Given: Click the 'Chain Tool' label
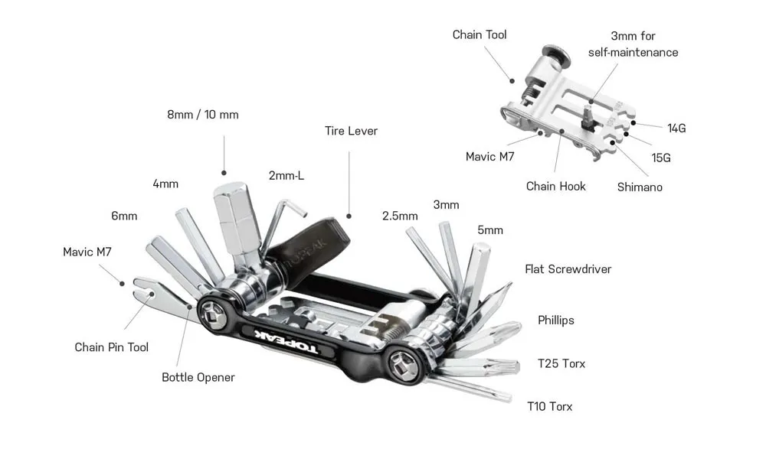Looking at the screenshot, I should (480, 34).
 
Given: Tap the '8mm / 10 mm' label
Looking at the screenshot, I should (203, 115).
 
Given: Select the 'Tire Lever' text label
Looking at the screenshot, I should (351, 131).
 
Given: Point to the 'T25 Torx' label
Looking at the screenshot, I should (561, 363).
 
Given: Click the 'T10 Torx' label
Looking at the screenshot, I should (549, 406).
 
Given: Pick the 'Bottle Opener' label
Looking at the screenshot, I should (198, 377).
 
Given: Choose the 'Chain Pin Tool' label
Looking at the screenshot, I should (112, 347).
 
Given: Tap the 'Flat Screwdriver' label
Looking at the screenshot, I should (568, 268).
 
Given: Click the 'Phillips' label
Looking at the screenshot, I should (555, 320).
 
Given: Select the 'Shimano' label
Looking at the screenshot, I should (640, 187).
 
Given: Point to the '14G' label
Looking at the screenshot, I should (676, 128).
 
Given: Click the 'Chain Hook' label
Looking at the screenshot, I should (555, 186).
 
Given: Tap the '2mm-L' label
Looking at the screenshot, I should (286, 175).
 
